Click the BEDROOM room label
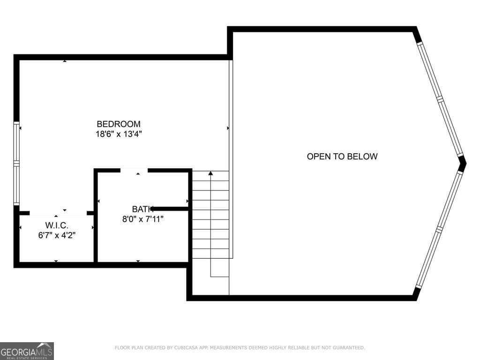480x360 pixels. click(119, 124)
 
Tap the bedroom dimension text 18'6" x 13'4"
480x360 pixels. click(119, 134)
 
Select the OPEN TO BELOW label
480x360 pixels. click(342, 157)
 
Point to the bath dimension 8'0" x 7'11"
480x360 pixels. click(142, 218)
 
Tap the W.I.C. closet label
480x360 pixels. click(57, 226)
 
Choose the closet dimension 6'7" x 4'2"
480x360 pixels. click(57, 235)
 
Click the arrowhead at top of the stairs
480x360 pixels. click(211, 174)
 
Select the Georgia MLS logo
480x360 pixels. click(27, 351)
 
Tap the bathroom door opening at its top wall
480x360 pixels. click(135, 171)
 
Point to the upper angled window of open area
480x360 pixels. click(440, 98)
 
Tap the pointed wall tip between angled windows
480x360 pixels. click(463, 164)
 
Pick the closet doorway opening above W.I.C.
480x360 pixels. click(59, 213)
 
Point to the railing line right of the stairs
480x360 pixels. click(231, 159)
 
